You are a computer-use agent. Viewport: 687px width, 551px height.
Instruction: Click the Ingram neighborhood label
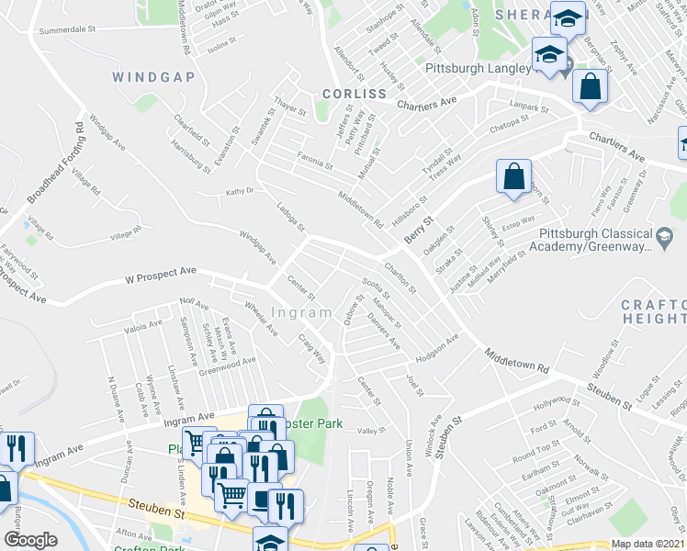[x=302, y=312]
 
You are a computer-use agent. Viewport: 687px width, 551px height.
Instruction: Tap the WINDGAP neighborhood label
[x=154, y=77]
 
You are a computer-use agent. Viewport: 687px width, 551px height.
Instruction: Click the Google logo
[x=30, y=540]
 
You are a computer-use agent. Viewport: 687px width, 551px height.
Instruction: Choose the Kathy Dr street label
[x=239, y=192]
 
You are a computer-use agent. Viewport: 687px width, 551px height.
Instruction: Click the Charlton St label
[x=401, y=277]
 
